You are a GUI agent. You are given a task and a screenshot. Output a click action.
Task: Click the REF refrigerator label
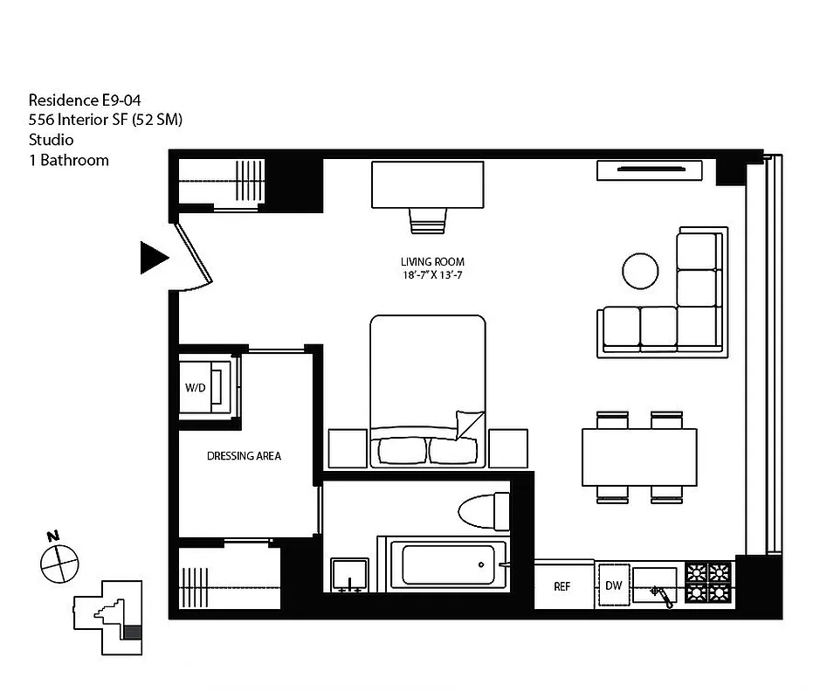coord(562,586)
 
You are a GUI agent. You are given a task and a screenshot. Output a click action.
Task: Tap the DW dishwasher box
coord(613,585)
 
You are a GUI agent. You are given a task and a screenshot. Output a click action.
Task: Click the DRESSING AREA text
coord(244,456)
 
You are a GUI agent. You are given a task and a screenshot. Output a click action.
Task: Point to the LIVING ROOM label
coord(432,261)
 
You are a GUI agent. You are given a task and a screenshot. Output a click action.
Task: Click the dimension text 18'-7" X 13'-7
coord(432,276)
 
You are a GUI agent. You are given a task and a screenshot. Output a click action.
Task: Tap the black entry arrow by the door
coord(154,258)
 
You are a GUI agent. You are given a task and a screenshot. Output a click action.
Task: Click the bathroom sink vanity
coord(349,576)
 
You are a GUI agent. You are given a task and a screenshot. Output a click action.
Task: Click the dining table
coord(639,457)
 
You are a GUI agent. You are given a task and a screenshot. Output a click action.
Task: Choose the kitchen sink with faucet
coord(655,585)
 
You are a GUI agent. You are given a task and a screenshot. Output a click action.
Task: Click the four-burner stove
coord(707,584)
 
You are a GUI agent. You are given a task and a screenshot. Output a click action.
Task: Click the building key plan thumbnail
coord(109,616)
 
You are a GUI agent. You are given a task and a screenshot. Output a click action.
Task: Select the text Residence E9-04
coord(85,100)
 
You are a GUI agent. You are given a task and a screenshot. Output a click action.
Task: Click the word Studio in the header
coord(51,140)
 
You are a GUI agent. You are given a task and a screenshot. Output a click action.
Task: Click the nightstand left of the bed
coord(347,448)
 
